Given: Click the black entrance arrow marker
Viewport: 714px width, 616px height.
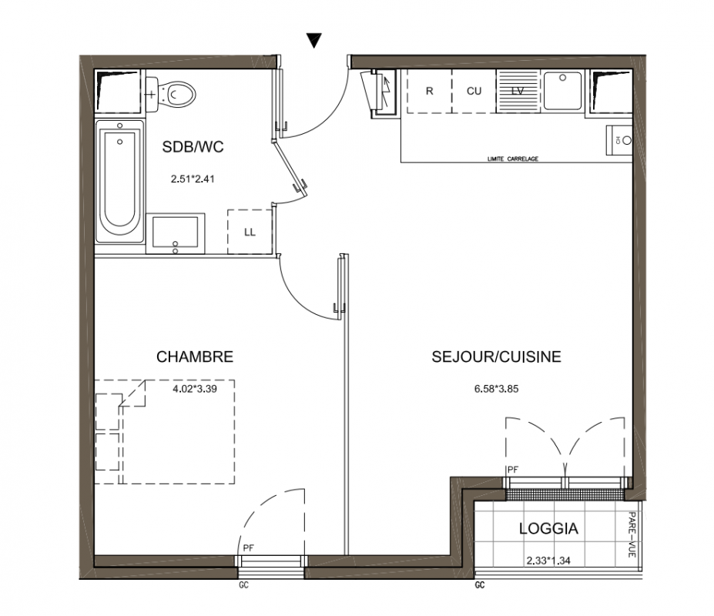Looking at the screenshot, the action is pyautogui.click(x=314, y=40).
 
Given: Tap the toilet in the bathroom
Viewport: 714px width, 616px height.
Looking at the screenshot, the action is pyautogui.click(x=171, y=95).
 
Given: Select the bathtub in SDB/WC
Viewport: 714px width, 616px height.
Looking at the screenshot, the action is pyautogui.click(x=119, y=181).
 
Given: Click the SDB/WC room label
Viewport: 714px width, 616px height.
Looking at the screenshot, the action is pyautogui.click(x=193, y=146).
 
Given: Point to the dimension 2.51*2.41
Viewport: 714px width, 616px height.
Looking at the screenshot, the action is pyautogui.click(x=193, y=179).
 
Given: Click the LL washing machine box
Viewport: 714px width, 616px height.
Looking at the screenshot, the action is pyautogui.click(x=250, y=232).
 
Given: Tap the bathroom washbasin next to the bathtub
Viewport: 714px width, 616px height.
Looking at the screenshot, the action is pyautogui.click(x=176, y=233).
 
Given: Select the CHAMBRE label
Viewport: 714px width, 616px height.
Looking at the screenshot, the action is pyautogui.click(x=195, y=357).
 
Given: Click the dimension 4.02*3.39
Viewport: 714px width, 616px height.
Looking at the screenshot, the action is pyautogui.click(x=195, y=389).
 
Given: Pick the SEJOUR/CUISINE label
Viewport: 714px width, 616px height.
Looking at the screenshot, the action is pyautogui.click(x=496, y=357).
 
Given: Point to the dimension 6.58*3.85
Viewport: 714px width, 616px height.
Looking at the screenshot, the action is pyautogui.click(x=496, y=389).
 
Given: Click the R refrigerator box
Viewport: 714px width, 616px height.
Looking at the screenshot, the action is pyautogui.click(x=430, y=91).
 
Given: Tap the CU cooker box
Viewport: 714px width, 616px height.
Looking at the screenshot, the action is pyautogui.click(x=474, y=91).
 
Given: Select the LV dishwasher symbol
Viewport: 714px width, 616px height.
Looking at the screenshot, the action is pyautogui.click(x=518, y=91).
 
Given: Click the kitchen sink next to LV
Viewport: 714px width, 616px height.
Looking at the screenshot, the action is pyautogui.click(x=563, y=91).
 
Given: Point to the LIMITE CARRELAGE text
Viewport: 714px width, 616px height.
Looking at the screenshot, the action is pyautogui.click(x=513, y=159).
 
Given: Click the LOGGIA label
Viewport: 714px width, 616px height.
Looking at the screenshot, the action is pyautogui.click(x=548, y=528).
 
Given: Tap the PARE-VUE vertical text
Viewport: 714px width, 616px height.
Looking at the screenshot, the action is pyautogui.click(x=632, y=534).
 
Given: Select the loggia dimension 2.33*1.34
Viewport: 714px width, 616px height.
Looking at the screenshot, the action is pyautogui.click(x=548, y=561).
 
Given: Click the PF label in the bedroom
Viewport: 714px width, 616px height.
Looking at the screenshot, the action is pyautogui.click(x=248, y=548).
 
